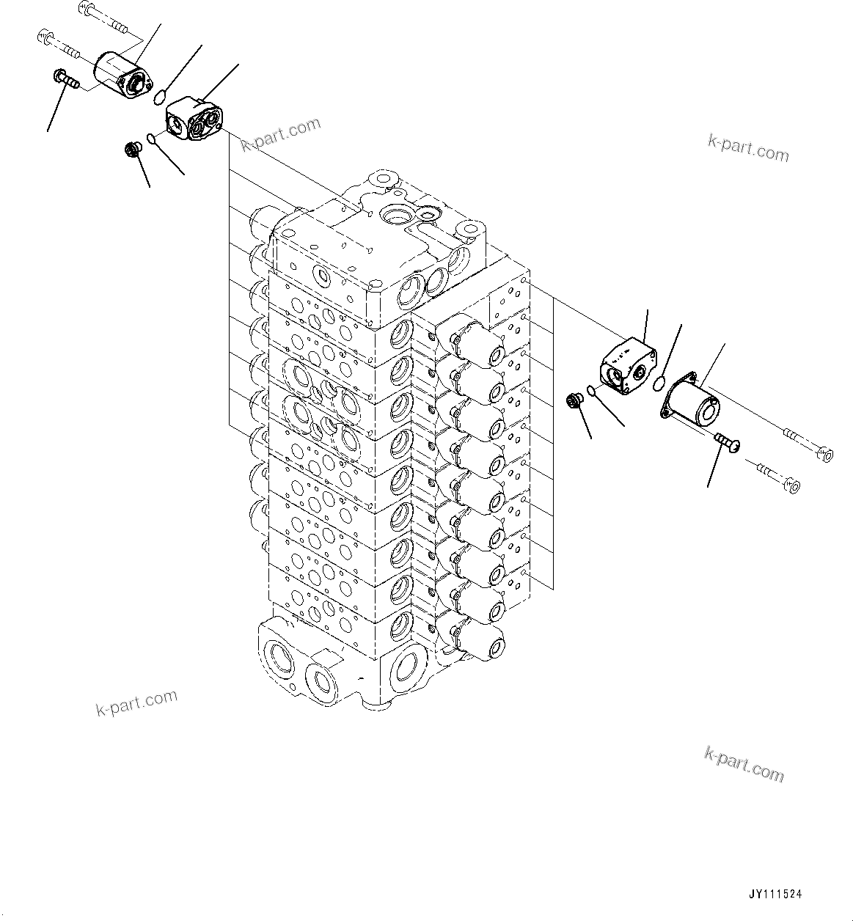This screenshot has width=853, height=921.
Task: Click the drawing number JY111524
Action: [x=775, y=895]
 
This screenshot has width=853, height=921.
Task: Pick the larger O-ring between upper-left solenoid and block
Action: [x=161, y=95]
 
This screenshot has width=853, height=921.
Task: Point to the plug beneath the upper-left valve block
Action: [x=133, y=150]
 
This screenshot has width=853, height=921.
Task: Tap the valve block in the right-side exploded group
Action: [x=627, y=364]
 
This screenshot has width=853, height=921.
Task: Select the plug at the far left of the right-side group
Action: [x=573, y=400]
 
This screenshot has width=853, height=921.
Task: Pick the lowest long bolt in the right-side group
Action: [x=778, y=477]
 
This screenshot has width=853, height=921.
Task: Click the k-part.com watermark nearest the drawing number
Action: [x=743, y=764]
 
